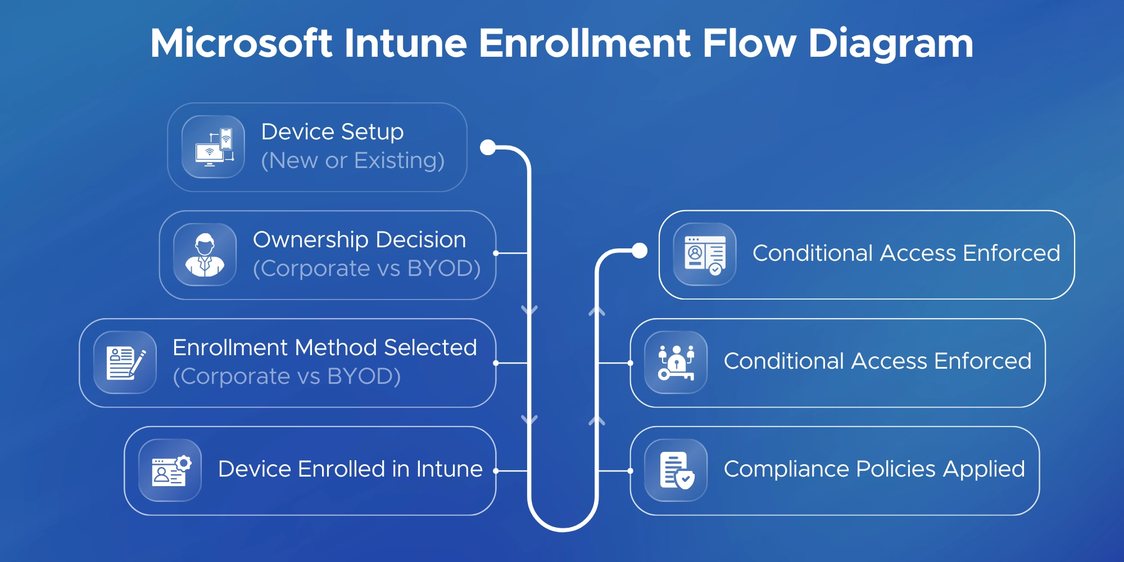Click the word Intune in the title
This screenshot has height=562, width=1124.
point(405,43)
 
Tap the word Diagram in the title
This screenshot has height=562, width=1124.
point(890,43)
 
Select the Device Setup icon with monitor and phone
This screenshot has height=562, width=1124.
point(214,147)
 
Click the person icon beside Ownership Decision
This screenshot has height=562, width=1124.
point(205,255)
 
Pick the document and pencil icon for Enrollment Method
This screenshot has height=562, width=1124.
point(125,362)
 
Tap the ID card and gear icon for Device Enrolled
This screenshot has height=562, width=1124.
point(170,470)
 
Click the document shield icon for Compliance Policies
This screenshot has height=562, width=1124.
point(676,470)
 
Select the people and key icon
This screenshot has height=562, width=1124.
point(676,362)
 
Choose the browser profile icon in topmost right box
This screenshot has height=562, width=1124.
point(705,255)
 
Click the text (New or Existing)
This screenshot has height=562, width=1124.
point(353,161)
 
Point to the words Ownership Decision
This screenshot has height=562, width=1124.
point(360,240)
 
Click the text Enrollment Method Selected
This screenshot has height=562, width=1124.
point(325,348)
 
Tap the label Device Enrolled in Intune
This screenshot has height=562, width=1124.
point(350,469)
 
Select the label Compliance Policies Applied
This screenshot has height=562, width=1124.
point(874,469)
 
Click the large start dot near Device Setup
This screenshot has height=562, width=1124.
point(488,147)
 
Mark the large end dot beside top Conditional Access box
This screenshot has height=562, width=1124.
point(639,251)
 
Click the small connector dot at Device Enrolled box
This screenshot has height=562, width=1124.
point(496,471)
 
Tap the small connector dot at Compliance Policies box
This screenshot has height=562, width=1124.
point(631,471)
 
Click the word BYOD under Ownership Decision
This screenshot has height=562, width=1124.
point(444,269)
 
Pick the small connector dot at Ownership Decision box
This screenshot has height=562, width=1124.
point(496,253)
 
